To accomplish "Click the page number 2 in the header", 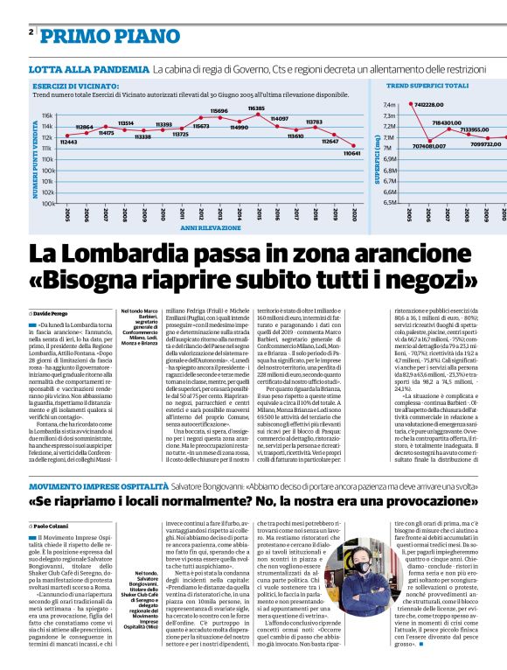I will [32, 32].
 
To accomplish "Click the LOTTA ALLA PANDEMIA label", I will [88, 69].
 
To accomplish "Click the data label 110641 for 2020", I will [352, 152].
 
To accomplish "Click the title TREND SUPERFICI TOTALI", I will [427, 87].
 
